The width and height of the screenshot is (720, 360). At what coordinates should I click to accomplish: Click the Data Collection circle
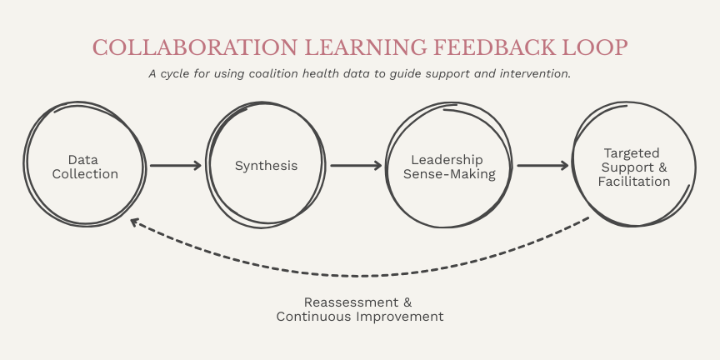point(85,166)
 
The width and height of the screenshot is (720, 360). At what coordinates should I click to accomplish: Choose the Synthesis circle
point(266,166)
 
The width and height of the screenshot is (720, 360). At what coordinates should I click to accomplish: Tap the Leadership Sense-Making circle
point(449,166)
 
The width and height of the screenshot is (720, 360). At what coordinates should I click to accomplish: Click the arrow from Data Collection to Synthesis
point(176,166)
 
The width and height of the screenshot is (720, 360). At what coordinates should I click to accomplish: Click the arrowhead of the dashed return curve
point(134,222)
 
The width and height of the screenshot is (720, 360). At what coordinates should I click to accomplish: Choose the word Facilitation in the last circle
point(634,181)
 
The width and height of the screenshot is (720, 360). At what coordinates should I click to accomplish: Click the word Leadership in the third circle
point(449,159)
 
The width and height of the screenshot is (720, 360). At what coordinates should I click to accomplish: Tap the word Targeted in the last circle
point(631,152)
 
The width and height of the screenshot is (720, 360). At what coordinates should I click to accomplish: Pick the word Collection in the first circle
point(85,174)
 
